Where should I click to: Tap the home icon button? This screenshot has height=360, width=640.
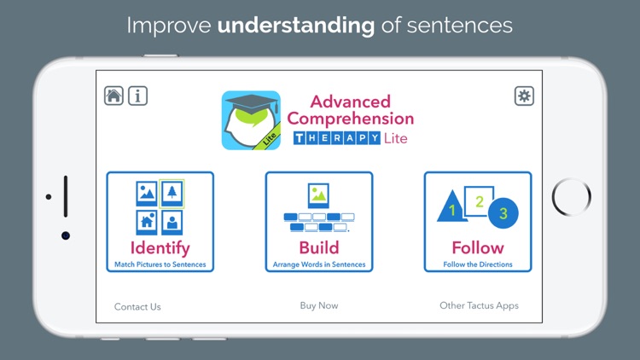tap(114, 96)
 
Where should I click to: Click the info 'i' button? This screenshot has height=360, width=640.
tap(137, 96)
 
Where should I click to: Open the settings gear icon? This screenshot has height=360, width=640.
tap(524, 96)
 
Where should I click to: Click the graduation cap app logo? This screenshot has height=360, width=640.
tap(252, 120)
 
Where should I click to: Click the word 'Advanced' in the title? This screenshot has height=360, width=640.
tap(350, 102)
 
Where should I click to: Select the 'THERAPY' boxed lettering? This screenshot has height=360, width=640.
tap(336, 138)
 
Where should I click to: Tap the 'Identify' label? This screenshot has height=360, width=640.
tap(160, 247)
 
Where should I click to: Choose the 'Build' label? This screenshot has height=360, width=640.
tap(318, 247)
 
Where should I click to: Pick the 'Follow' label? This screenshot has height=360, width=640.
tap(478, 247)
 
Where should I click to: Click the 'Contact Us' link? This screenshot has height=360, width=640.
tap(137, 306)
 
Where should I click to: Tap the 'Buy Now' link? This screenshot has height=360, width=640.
tap(319, 305)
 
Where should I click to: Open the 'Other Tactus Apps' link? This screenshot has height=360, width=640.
tap(479, 305)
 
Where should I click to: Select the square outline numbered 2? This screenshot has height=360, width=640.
tap(480, 201)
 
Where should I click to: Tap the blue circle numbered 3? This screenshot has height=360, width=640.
tap(503, 213)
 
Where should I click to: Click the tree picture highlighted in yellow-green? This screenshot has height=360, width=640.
tap(172, 194)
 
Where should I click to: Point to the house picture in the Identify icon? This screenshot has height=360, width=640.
tap(147, 222)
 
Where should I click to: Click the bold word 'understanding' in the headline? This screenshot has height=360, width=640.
tap(296, 25)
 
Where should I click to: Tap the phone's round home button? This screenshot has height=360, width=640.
tap(571, 197)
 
